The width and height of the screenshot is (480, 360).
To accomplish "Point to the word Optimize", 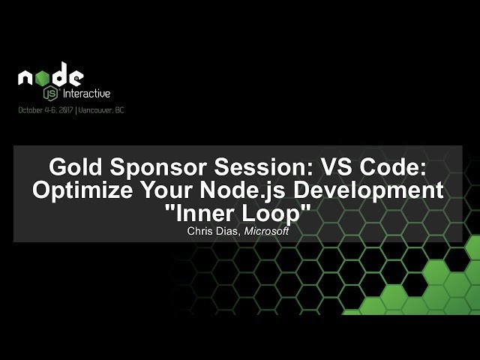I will [x=82, y=190].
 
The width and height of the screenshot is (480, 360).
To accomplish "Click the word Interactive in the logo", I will [x=85, y=94].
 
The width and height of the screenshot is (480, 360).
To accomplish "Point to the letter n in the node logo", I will [x=27, y=77].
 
